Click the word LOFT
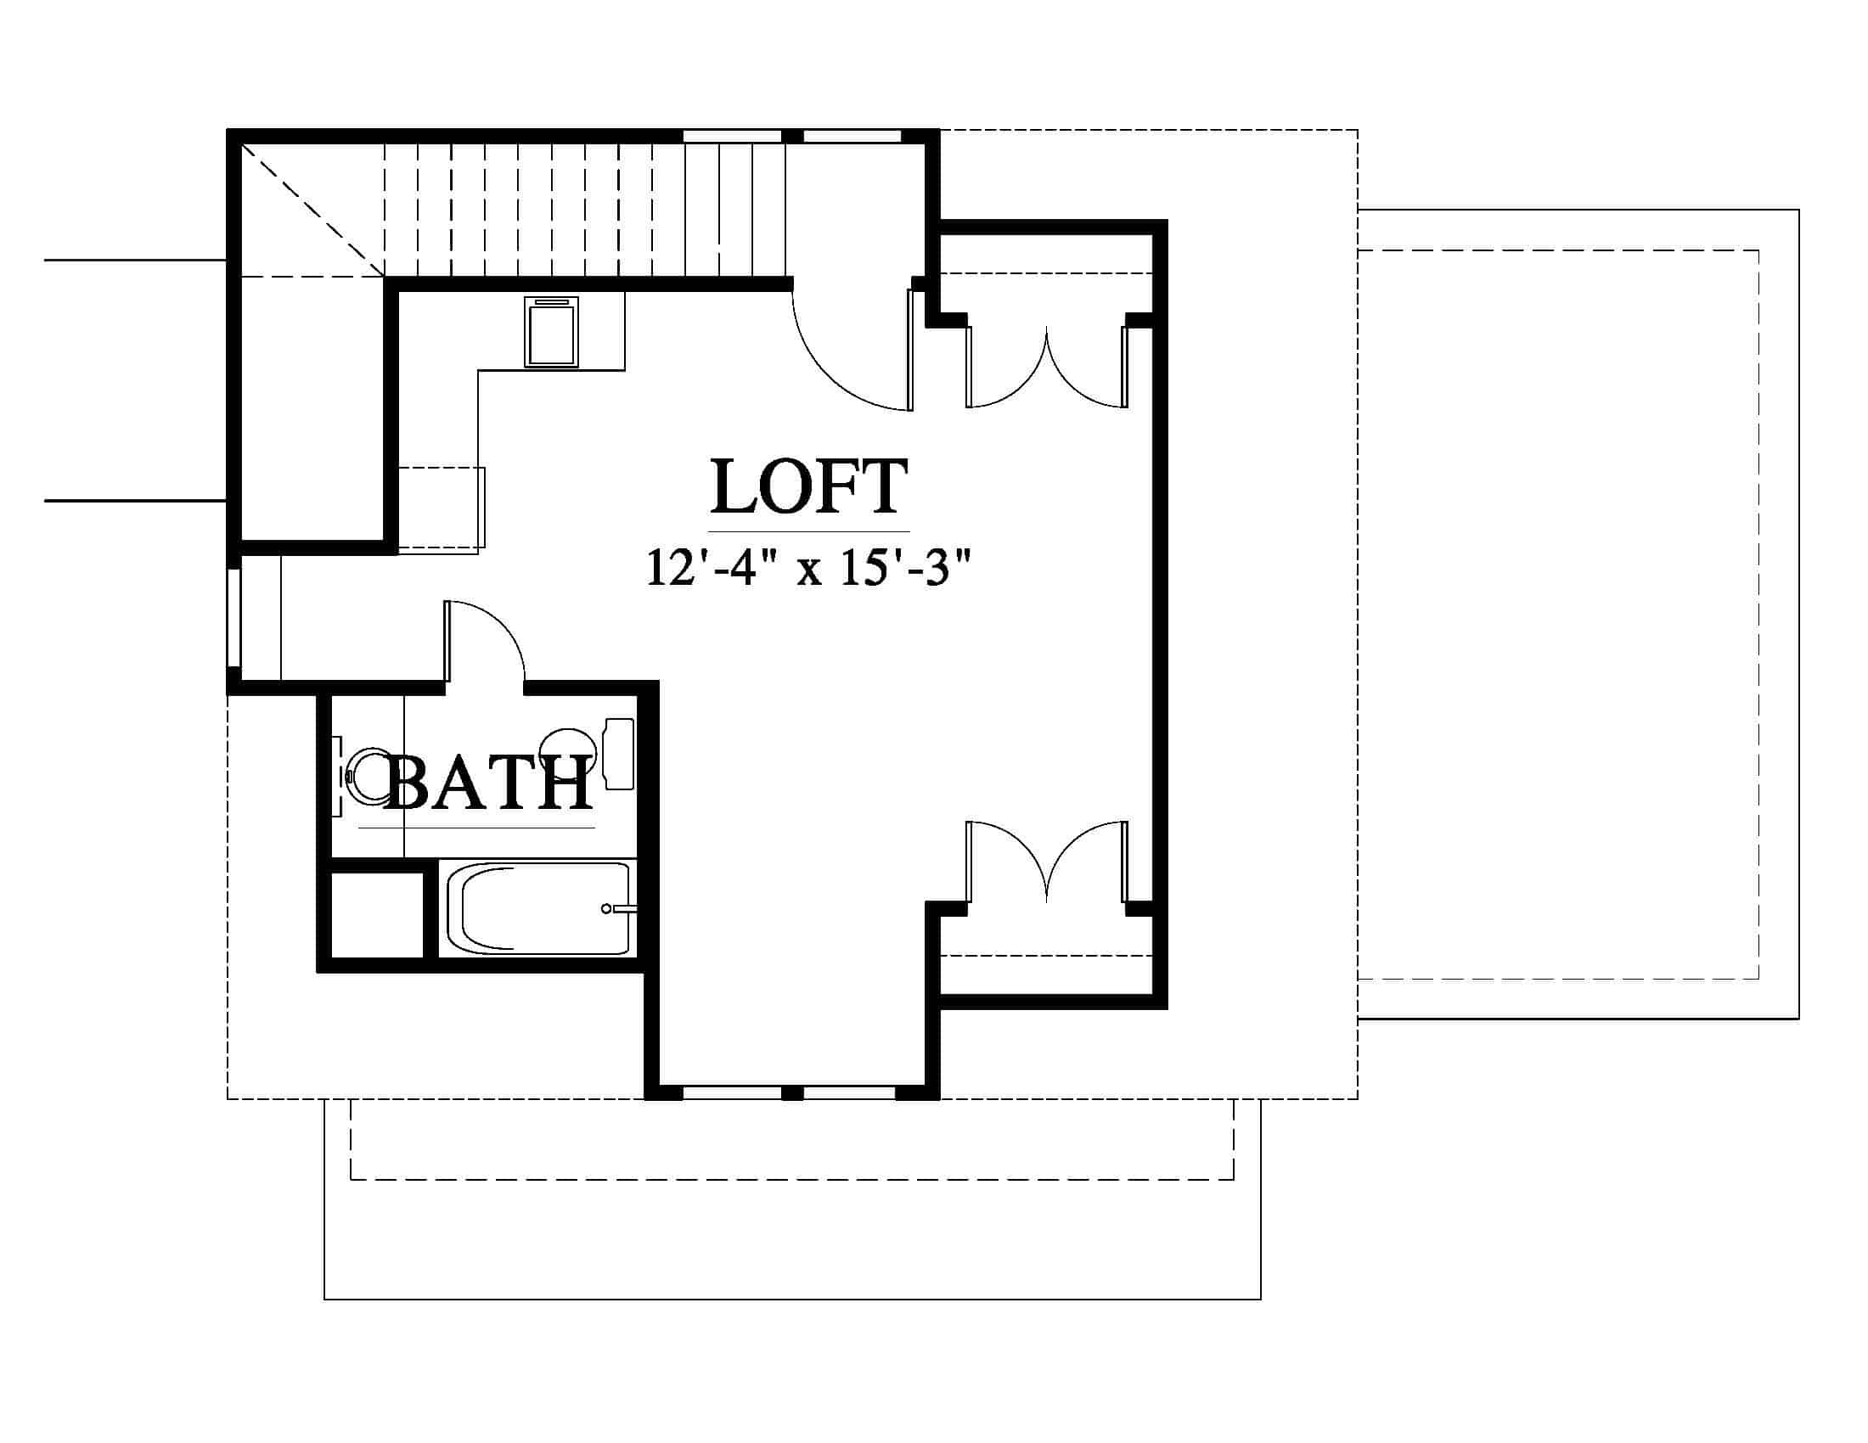(809, 486)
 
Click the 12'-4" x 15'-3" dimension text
(809, 568)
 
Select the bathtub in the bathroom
(538, 909)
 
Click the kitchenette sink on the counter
(552, 332)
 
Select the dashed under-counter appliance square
(442, 508)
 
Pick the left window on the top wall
(732, 136)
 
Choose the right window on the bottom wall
(849, 1092)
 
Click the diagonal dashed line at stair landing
(313, 211)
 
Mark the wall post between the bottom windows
(793, 1092)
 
